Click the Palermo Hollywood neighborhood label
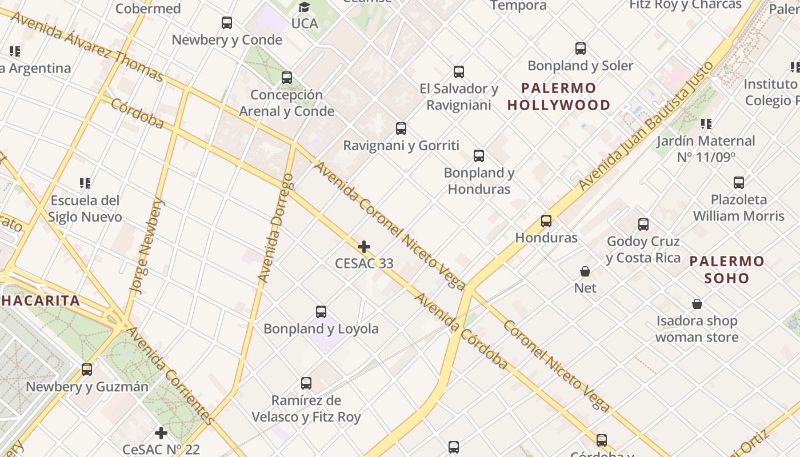559,97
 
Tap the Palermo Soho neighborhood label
726,270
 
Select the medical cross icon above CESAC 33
364,247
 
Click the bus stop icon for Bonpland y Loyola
321,312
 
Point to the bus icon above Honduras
546,221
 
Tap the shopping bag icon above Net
585,271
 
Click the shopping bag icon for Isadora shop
697,303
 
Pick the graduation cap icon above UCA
304,7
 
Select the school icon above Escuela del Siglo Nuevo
85,183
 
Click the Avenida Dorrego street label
276,228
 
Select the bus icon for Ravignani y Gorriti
401,129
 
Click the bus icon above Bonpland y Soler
581,49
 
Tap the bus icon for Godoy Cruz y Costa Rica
643,225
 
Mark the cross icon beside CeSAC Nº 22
161,433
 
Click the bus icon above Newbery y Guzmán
87,370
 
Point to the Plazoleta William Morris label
739,208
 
